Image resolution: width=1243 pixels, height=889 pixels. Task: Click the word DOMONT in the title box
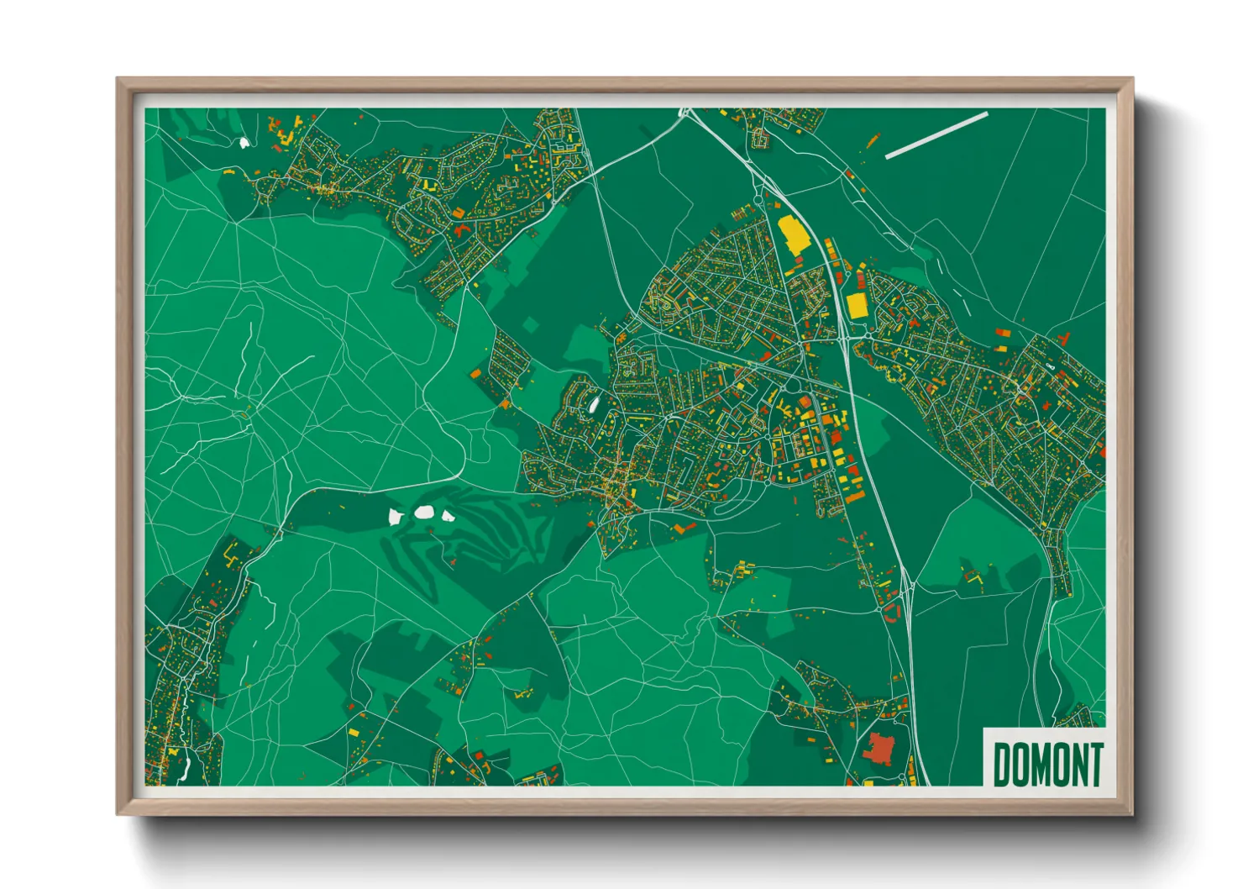pyautogui.click(x=1047, y=764)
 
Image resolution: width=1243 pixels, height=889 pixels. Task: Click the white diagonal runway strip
pyautogui.click(x=936, y=134)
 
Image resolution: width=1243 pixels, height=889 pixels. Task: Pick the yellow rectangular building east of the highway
pyautogui.click(x=856, y=304)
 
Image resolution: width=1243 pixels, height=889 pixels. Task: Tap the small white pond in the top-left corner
pyautogui.click(x=244, y=143)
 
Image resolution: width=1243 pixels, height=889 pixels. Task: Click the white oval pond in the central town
pyautogui.click(x=594, y=405)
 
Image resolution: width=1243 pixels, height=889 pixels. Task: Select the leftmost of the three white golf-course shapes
pyautogui.click(x=395, y=516)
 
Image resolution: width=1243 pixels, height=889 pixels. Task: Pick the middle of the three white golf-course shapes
pyautogui.click(x=423, y=512)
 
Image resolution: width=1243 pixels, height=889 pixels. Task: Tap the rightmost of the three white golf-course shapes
pyautogui.click(x=447, y=516)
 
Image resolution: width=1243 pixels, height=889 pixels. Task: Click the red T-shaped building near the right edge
pyautogui.click(x=1064, y=339)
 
